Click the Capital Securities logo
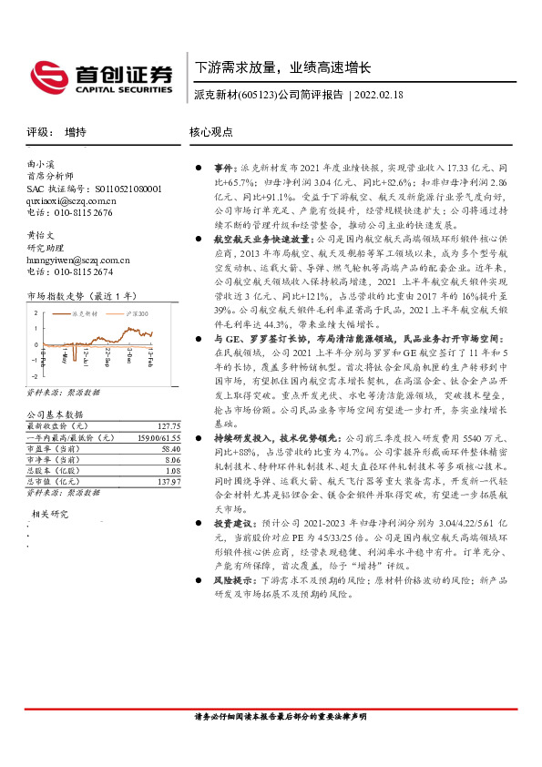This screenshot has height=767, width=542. tap(100, 77)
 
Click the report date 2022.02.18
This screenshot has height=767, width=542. tap(379, 94)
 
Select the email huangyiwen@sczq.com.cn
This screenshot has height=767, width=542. tap(78, 259)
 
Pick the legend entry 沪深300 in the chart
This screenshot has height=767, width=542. tap(136, 312)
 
